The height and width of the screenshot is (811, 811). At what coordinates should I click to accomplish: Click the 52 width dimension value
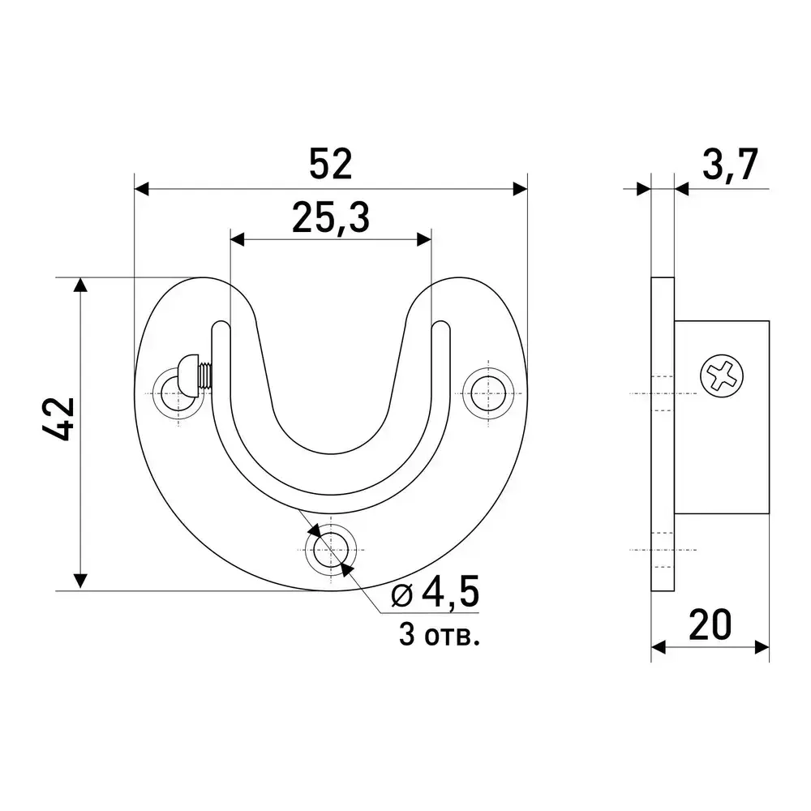(331, 164)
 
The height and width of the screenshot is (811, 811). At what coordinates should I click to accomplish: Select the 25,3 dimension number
(331, 218)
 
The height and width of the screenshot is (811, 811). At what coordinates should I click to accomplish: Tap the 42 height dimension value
(59, 418)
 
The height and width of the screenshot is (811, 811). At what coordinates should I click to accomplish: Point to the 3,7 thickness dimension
(730, 165)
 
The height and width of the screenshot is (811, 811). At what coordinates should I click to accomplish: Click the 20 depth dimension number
(710, 624)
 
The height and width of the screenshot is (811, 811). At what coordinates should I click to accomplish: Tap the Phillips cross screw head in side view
(722, 376)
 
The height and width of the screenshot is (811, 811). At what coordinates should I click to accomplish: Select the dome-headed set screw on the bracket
(195, 373)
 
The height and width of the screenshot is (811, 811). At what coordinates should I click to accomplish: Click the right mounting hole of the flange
(488, 393)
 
